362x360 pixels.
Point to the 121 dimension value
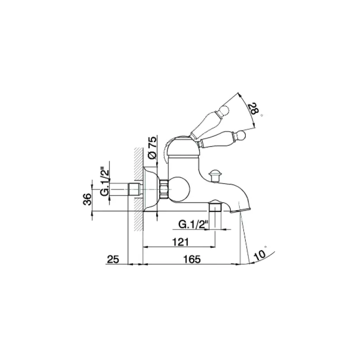coord(181,242)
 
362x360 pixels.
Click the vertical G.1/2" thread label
coord(105,182)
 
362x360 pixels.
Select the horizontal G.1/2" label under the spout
coord(193,224)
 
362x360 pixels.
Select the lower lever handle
coord(222,140)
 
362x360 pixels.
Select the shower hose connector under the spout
coord(215,209)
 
